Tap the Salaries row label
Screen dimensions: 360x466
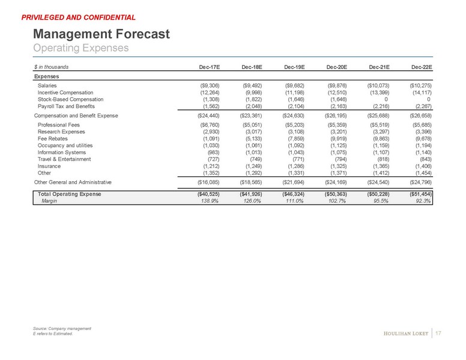49,86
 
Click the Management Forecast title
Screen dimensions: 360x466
101,34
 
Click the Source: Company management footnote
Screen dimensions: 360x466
62,329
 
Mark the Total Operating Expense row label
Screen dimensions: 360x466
69,195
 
